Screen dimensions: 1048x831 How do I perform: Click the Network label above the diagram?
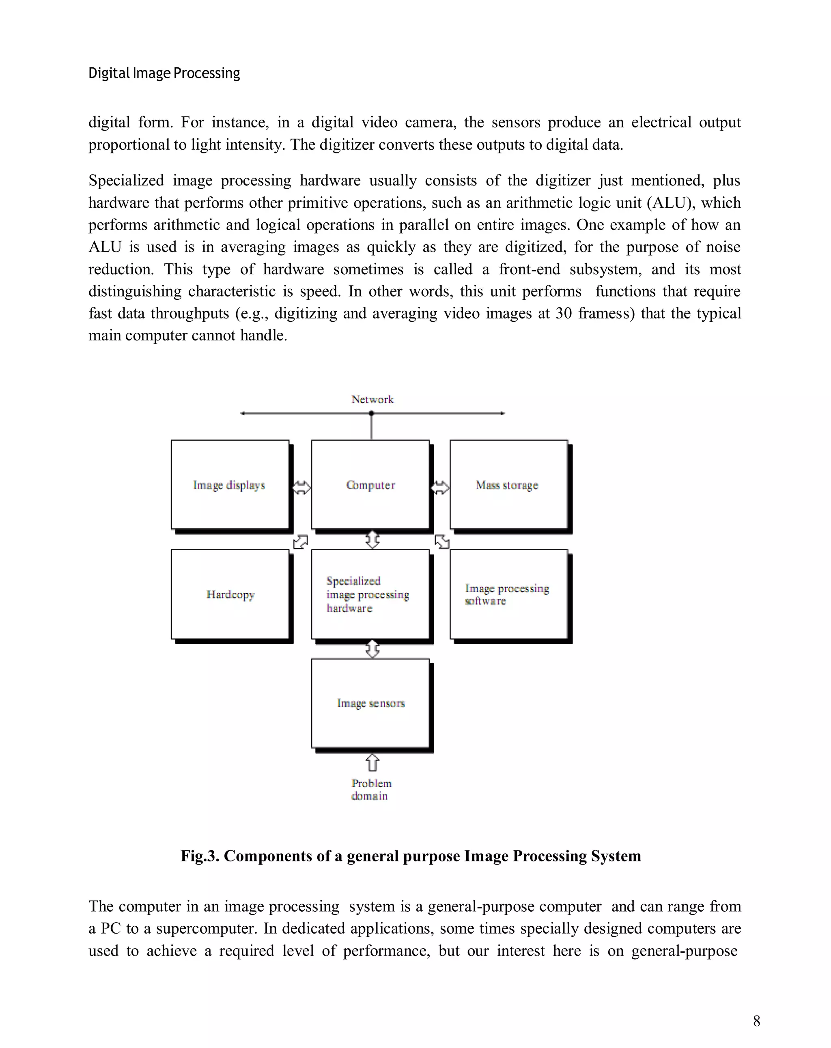coord(372,399)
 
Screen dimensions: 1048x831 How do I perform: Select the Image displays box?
coord(230,484)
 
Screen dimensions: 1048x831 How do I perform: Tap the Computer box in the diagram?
coord(370,484)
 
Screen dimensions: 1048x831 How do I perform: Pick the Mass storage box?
coord(508,484)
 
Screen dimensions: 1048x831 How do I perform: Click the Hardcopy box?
coord(230,594)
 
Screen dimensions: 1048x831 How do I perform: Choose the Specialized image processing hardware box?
coord(370,594)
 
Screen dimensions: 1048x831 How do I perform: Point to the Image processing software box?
coord(508,594)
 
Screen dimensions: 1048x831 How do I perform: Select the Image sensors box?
coord(370,703)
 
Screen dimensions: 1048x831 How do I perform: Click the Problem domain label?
coord(371,790)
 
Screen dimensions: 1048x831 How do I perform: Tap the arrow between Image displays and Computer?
coord(301,488)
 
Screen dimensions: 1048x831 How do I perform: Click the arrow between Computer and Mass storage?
coord(440,488)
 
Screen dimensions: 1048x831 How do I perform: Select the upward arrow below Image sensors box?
coord(372,762)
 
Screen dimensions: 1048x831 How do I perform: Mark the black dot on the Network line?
coord(372,413)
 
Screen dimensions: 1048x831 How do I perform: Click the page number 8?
coord(756,1021)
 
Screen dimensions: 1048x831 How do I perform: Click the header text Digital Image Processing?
coord(164,73)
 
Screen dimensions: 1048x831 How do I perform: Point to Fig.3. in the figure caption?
coord(199,856)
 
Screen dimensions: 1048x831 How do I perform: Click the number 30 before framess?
coord(563,314)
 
